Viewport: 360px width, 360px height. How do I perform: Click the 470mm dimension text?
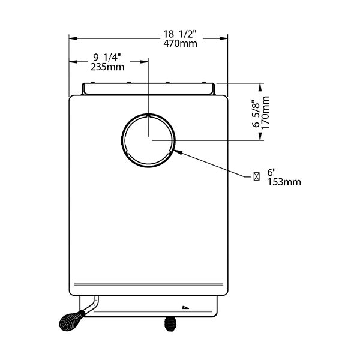pyautogui.click(x=180, y=44)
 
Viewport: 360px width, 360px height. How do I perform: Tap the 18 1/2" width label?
pyautogui.click(x=180, y=34)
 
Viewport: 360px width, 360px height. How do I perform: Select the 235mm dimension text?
pyautogui.click(x=107, y=67)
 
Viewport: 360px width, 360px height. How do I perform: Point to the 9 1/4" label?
pyautogui.click(x=107, y=58)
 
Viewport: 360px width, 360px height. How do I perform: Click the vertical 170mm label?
pyautogui.click(x=265, y=113)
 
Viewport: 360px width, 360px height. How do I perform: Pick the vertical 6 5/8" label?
pyautogui.click(x=256, y=113)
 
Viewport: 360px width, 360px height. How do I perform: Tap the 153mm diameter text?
pyautogui.click(x=284, y=182)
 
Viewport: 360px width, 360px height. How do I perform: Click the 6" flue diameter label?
pyautogui.click(x=271, y=172)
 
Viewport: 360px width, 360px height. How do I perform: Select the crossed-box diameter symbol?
pyautogui.click(x=257, y=176)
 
